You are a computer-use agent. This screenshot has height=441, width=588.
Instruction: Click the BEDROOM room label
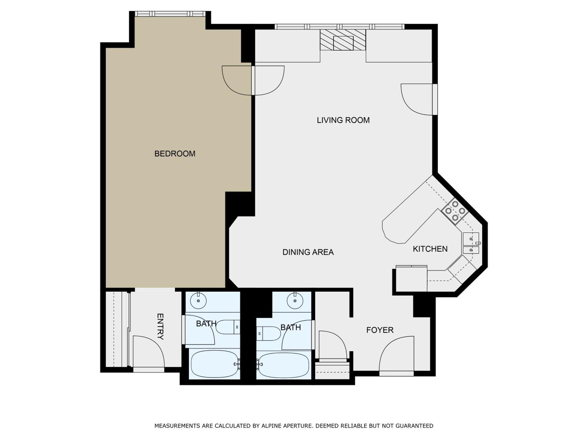pos(175,153)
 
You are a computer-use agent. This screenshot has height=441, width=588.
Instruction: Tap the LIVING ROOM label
pos(343,120)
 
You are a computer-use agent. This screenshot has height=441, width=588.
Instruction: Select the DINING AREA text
pos(308,252)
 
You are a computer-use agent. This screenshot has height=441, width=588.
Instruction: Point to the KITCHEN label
pos(430,249)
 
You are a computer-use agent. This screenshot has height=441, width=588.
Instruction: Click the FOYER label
pos(380,330)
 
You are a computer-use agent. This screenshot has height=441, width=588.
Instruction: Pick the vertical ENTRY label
pos(160,326)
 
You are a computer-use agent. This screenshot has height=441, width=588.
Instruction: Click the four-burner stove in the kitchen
pos(455,211)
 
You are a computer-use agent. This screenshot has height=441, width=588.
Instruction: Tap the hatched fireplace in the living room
pos(343,40)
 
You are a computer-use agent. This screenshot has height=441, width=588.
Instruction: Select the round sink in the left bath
pos(198,301)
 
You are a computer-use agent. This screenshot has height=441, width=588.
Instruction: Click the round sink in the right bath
pos(295,300)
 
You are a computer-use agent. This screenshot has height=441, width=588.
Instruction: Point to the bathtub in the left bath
pos(214,364)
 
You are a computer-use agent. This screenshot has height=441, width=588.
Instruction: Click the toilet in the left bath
pos(228,327)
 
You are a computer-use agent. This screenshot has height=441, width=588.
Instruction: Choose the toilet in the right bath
pos(269,334)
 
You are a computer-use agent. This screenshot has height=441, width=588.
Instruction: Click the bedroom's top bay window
pos(170,14)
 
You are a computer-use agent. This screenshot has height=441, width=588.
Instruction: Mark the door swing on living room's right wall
pos(417,100)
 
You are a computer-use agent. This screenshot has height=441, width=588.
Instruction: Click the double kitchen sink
pos(471,243)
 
